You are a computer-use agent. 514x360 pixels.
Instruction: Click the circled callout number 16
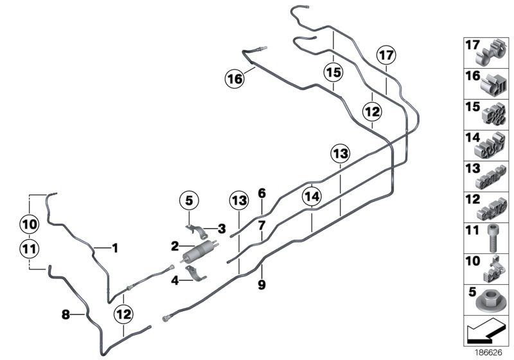[235, 80]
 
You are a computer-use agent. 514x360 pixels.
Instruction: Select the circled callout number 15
[332, 72]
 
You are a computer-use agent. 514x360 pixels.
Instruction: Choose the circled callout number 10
[29, 225]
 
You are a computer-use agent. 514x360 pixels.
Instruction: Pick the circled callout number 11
[29, 247]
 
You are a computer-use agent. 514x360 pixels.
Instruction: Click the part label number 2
[174, 246]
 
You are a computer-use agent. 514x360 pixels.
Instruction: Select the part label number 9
[262, 283]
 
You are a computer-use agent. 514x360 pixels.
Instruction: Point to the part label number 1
[116, 246]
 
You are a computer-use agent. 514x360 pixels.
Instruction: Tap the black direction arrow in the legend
[483, 334]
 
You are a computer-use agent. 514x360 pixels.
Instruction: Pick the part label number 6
[261, 193]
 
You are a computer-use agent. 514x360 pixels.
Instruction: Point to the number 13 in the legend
[472, 168]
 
